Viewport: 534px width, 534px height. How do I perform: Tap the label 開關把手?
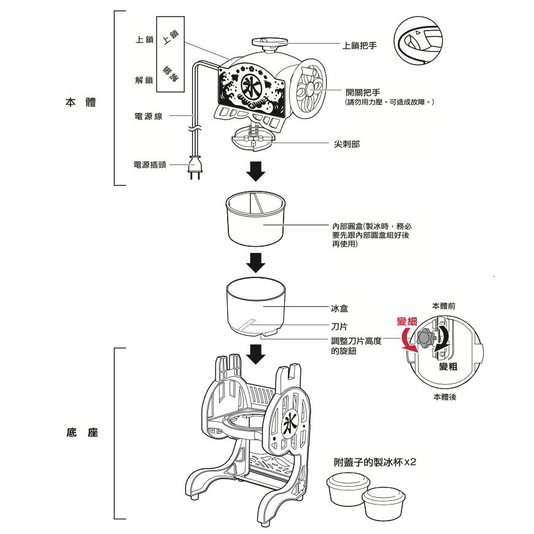pos(363,92)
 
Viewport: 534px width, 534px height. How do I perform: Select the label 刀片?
pos(340,327)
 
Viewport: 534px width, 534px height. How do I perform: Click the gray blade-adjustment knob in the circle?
pos(424,339)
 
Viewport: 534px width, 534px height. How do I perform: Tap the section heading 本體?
pos(80,102)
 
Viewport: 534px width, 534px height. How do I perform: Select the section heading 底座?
pos(80,433)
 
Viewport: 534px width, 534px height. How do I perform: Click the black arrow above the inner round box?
pos(255,171)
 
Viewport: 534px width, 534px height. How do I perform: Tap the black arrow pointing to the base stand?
pos(255,354)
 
